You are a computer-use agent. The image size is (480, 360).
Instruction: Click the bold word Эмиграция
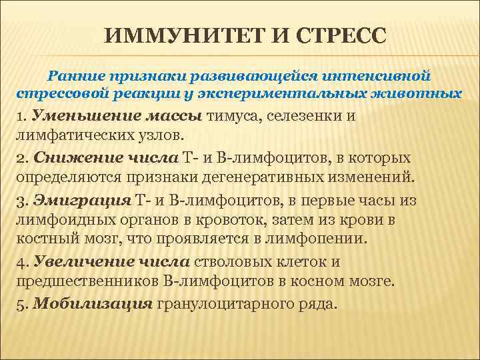pyautogui.click(x=82, y=200)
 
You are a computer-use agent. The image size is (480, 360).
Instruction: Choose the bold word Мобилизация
pyautogui.click(x=93, y=303)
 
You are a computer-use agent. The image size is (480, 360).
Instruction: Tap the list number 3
pyautogui.click(x=19, y=200)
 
